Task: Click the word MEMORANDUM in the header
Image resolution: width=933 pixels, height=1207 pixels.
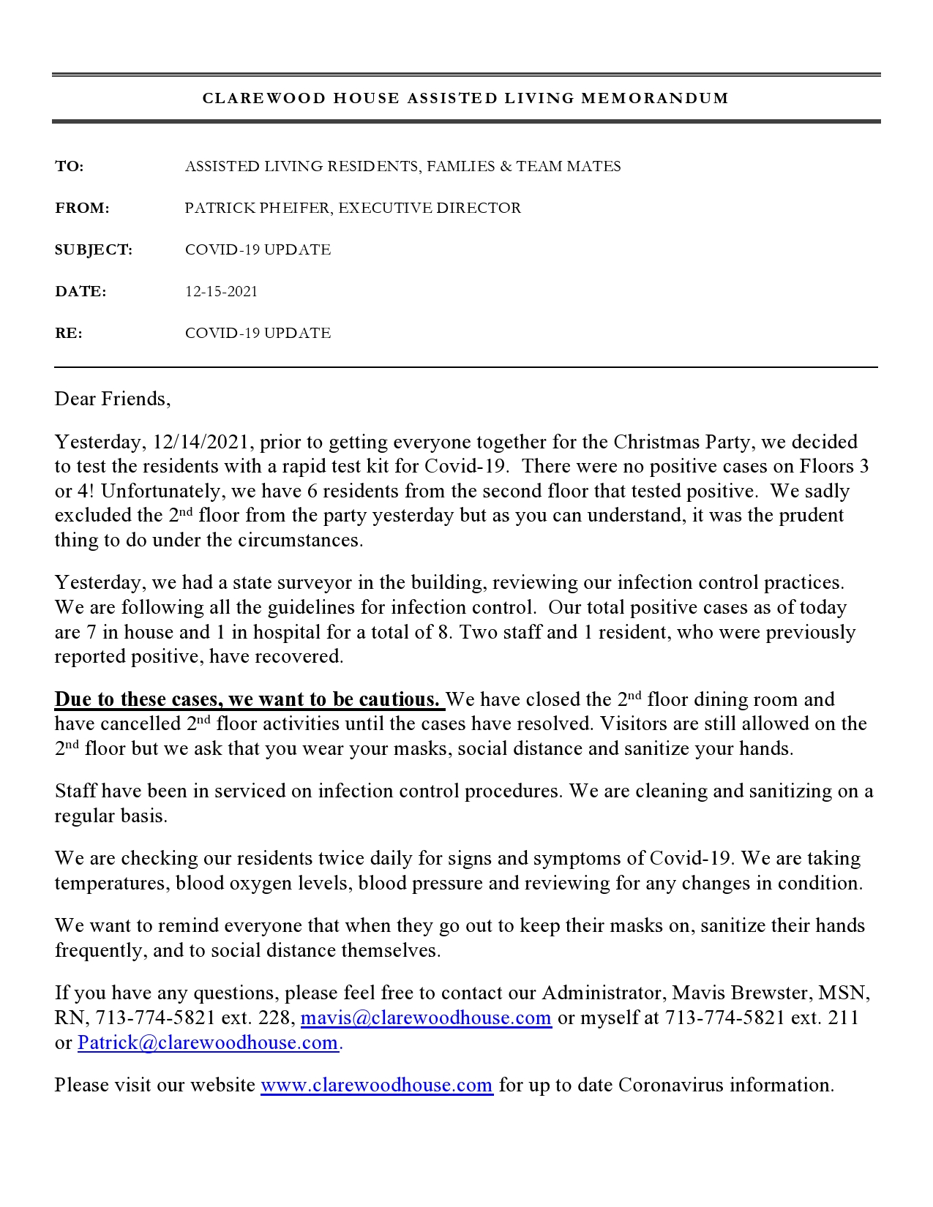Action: click(x=655, y=99)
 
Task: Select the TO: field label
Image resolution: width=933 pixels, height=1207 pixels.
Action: click(x=70, y=167)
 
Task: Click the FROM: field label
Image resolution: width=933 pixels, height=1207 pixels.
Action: click(x=82, y=208)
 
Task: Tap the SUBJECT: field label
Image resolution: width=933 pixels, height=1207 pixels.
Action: click(x=94, y=250)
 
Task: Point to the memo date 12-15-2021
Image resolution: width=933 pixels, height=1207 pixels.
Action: click(x=221, y=292)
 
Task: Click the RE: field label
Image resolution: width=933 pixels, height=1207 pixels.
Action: click(x=69, y=334)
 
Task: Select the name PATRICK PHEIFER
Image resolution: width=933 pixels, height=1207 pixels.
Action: click(x=258, y=208)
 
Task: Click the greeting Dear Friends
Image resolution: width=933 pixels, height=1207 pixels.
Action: click(x=111, y=399)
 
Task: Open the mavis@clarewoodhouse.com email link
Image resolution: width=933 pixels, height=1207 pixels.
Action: click(x=426, y=1018)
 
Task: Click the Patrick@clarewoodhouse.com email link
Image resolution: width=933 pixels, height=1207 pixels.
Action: click(x=208, y=1043)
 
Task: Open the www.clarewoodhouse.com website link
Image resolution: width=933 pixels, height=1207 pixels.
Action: click(x=376, y=1086)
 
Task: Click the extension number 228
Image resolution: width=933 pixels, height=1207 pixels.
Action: click(x=274, y=1018)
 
